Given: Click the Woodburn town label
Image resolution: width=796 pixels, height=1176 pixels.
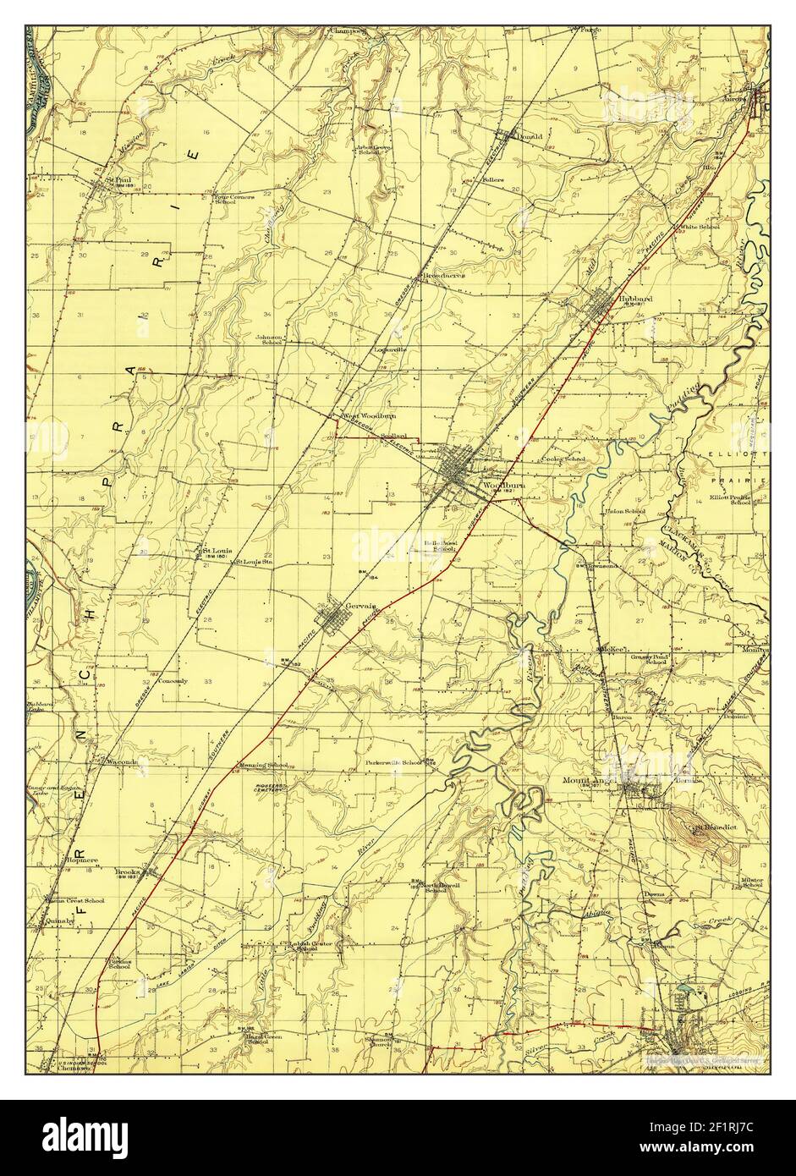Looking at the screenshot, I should tap(500, 485).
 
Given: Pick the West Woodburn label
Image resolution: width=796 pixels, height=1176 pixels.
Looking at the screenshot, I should tap(369, 416).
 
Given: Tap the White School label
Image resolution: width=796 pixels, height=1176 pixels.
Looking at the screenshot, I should tap(699, 227).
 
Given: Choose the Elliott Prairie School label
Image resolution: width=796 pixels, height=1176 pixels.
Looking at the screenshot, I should tap(730, 499).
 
